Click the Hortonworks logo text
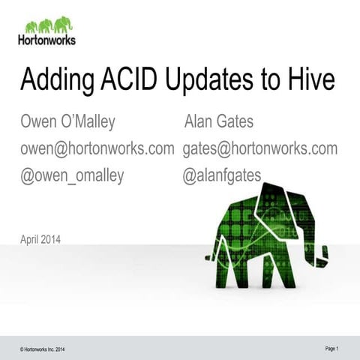(x=46, y=40)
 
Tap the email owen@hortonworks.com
(x=97, y=148)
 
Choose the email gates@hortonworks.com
(x=260, y=148)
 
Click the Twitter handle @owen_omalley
(x=72, y=175)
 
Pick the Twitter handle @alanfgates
(x=222, y=175)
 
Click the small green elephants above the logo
(x=46, y=25)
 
